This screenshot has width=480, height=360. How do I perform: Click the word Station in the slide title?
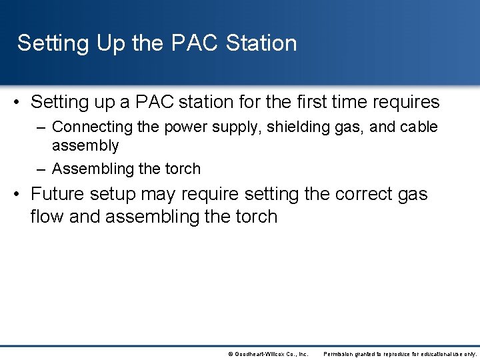click(261, 43)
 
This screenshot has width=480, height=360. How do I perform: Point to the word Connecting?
click(91, 127)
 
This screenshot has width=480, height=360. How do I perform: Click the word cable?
click(419, 127)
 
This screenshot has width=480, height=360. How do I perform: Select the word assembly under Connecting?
click(85, 145)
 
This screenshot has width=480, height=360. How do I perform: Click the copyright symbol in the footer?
click(230, 354)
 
